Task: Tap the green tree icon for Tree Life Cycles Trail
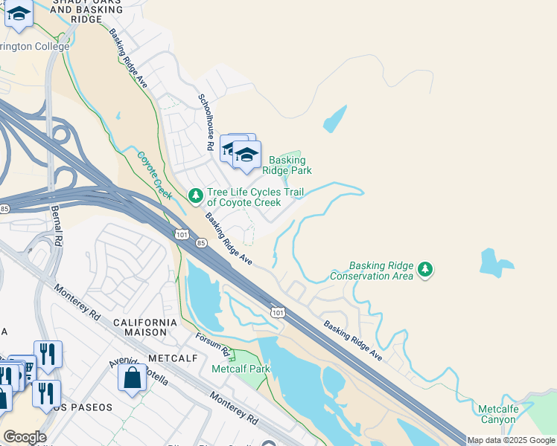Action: (195, 196)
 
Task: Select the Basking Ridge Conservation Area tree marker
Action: (425, 269)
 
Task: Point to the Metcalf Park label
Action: (240, 369)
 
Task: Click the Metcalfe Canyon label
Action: (497, 414)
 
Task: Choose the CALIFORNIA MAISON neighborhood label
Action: (145, 328)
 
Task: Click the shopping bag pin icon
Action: (132, 378)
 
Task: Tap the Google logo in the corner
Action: (24, 437)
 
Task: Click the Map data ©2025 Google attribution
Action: (512, 440)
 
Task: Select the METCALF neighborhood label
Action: (171, 358)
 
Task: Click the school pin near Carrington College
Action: (19, 15)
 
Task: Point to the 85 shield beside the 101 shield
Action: (200, 242)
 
